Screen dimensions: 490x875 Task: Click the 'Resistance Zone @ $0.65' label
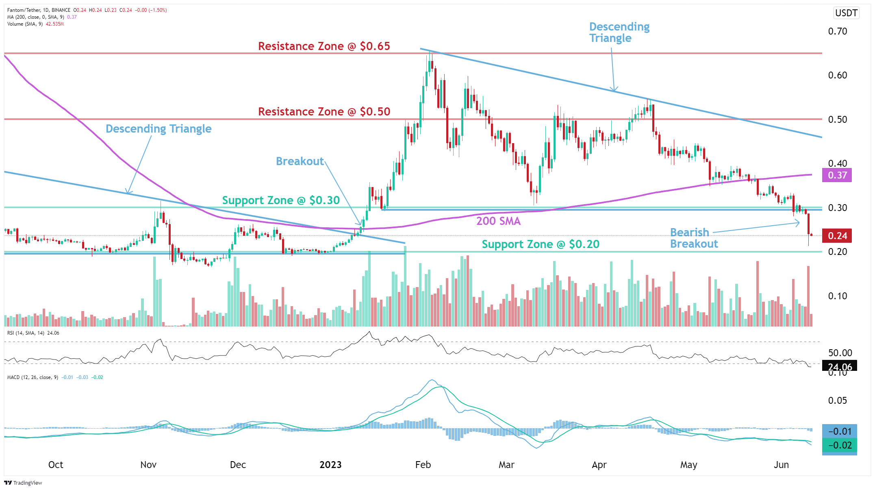(324, 46)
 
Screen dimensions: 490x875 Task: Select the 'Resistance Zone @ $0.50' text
(324, 112)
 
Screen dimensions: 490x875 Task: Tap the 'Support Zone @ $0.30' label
(280, 200)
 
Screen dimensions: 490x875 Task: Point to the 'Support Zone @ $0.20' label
(540, 244)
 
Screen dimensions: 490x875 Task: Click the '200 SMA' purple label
(498, 221)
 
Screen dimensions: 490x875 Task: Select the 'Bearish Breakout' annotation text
(693, 238)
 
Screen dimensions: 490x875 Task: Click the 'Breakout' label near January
(300, 161)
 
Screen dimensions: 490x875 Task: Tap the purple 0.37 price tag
(837, 175)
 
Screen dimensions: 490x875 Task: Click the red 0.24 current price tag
(837, 236)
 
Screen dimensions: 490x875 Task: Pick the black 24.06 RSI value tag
(839, 366)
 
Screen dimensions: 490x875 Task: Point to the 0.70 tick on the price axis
(837, 31)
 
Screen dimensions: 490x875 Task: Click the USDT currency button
(846, 13)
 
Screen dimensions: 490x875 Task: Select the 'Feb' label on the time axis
(423, 465)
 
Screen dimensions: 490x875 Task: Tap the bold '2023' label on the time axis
(330, 465)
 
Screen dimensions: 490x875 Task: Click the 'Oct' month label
(56, 465)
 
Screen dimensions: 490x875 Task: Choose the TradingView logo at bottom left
(23, 483)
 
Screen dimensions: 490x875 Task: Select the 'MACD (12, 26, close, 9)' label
(33, 377)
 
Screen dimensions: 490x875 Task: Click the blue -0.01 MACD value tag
(839, 431)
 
